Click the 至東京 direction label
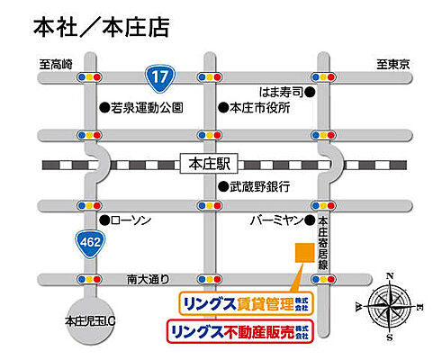(393, 64)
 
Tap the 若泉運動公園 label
(147, 108)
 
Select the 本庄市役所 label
(261, 108)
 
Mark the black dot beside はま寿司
(310, 92)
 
